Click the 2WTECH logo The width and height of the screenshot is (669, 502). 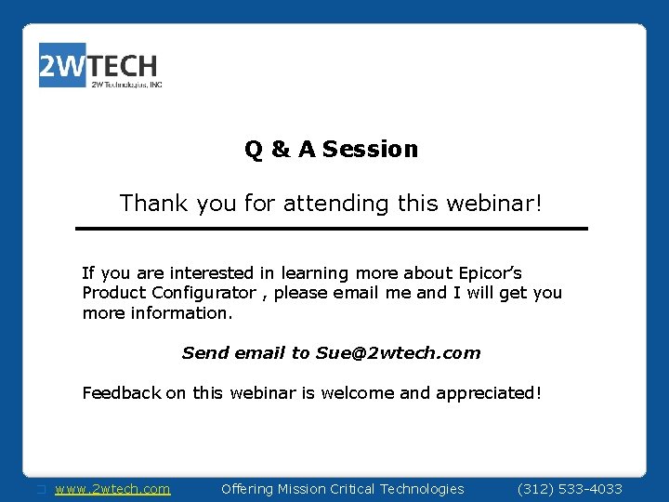tap(99, 66)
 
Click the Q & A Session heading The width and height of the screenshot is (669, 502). tap(332, 149)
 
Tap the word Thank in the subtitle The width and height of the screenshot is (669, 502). tap(154, 203)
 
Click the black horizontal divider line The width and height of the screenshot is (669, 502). tap(332, 229)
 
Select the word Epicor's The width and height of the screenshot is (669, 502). tap(490, 273)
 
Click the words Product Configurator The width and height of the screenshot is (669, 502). tap(168, 293)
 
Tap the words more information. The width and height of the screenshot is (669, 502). tap(157, 313)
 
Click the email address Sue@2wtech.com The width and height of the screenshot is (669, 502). tap(398, 353)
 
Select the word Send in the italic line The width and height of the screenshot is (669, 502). tap(204, 353)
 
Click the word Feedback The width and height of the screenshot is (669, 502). tap(122, 393)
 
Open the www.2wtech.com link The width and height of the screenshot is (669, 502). tap(112, 489)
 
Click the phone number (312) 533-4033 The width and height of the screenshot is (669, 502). tap(569, 489)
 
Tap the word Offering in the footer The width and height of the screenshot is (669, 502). tap(247, 489)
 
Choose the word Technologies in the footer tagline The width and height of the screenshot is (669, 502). tap(421, 489)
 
